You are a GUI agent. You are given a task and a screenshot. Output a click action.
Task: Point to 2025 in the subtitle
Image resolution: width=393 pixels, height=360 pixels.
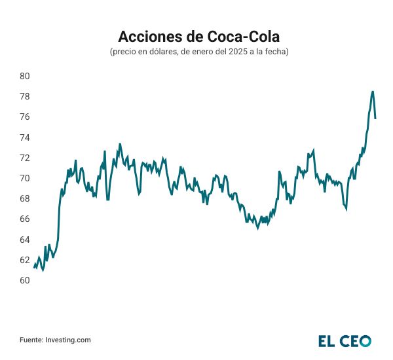point(231,52)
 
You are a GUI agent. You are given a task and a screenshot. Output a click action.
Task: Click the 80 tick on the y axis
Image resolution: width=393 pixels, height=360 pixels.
point(25,76)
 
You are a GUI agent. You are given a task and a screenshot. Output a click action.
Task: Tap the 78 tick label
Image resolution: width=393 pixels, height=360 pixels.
point(25,96)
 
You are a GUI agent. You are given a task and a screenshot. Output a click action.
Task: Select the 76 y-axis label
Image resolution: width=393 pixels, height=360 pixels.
point(25,117)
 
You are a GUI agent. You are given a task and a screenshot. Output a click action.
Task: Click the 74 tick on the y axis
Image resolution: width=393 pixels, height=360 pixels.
point(25,137)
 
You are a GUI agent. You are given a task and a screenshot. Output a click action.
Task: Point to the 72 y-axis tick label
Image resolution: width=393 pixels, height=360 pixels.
point(25,158)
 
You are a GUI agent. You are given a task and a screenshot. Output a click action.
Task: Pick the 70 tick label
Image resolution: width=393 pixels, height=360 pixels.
point(25,178)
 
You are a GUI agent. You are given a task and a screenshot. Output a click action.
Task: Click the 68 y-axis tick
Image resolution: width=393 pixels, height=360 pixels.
point(25,198)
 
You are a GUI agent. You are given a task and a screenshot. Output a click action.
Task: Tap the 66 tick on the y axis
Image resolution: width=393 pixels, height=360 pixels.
point(25,219)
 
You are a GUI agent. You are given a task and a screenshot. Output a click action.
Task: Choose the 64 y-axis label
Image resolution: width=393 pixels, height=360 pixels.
point(25,240)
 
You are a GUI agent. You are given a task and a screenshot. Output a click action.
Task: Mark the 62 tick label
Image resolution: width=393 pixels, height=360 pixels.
point(25,260)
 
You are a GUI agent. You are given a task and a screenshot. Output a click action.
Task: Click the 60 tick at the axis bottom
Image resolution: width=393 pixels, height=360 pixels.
point(25,280)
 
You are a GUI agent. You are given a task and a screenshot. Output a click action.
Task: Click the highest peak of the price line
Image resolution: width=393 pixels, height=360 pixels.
point(373,92)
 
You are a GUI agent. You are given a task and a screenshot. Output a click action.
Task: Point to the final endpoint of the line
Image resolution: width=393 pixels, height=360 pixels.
point(375,118)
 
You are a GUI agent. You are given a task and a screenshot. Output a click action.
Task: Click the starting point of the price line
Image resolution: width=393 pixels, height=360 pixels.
point(34,266)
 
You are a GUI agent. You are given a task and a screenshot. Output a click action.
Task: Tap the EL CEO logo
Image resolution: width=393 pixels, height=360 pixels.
point(345,340)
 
